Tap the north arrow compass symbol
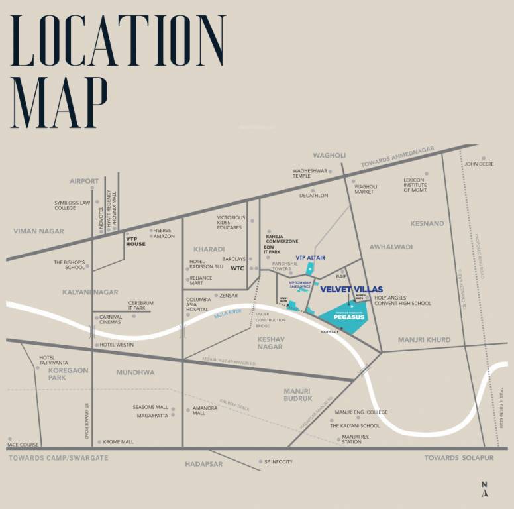coord(485,490)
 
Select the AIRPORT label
coord(84,180)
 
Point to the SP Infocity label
coord(278,461)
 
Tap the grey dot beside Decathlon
coord(313,190)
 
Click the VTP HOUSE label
coord(136,244)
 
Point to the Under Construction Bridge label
coord(270,319)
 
